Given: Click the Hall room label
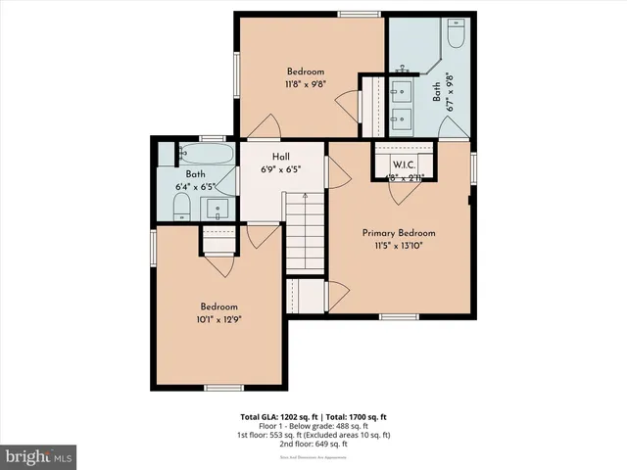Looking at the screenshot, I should [281, 156].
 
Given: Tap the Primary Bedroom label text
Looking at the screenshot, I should [398, 233].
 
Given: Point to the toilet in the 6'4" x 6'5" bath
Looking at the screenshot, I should [180, 206].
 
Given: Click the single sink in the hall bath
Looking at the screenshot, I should [216, 208].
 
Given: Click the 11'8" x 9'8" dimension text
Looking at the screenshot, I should [307, 84].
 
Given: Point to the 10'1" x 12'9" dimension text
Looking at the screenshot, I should [220, 318].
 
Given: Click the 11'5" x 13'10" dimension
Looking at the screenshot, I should [398, 246].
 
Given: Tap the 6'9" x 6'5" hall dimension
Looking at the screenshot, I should [281, 168].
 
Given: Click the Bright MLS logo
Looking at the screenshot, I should [39, 457].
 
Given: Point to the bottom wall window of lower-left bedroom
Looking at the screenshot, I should [223, 388].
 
